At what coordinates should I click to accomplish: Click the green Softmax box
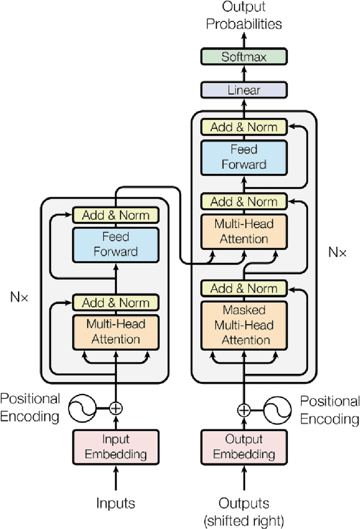[x=244, y=57]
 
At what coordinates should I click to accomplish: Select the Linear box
[x=244, y=90]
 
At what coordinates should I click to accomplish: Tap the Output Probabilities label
[x=244, y=16]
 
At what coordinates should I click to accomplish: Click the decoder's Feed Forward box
[x=244, y=157]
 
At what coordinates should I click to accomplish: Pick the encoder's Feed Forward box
[x=116, y=244]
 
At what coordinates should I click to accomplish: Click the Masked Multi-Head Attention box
[x=244, y=325]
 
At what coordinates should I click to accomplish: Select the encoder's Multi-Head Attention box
[x=116, y=332]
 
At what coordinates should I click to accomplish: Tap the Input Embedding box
[x=116, y=446]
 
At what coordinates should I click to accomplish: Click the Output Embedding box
[x=244, y=446]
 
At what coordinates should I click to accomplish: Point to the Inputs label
[x=115, y=503]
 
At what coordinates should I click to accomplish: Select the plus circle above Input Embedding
[x=115, y=408]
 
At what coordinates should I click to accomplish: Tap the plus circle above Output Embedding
[x=244, y=409]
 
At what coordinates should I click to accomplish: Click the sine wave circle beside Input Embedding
[x=81, y=408]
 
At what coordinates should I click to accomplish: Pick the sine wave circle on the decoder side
[x=278, y=409]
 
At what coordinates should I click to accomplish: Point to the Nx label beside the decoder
[x=337, y=252]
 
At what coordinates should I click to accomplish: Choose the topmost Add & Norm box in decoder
[x=244, y=127]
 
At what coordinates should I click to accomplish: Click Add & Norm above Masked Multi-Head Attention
[x=244, y=289]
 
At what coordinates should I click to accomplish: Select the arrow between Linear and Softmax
[x=244, y=74]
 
